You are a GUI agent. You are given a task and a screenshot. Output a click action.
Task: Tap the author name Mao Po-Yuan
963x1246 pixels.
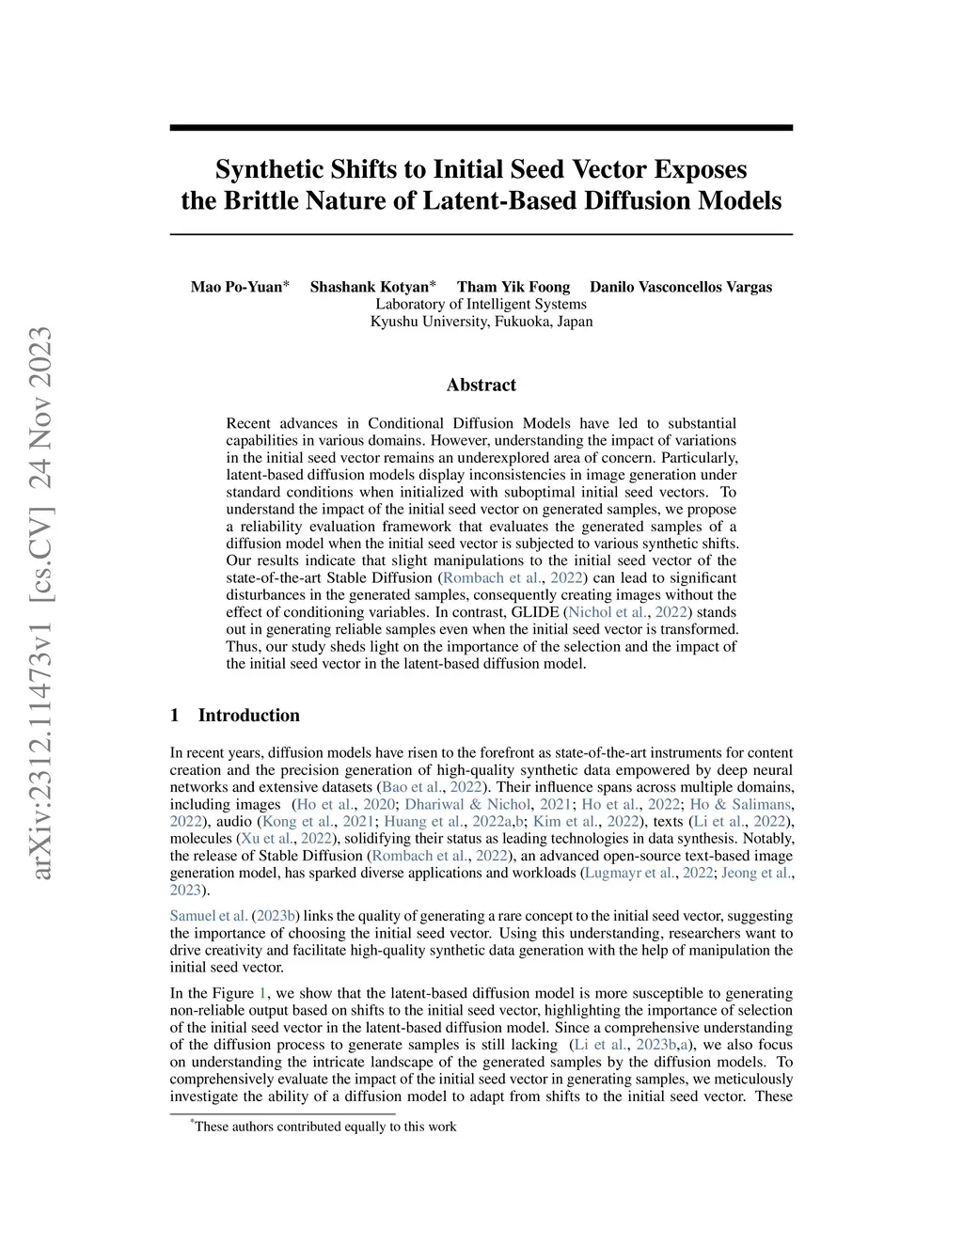tap(236, 287)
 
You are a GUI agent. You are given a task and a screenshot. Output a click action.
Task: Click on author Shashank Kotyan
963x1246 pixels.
tap(369, 287)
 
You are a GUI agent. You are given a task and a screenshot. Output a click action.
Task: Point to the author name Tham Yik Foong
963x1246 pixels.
tap(513, 287)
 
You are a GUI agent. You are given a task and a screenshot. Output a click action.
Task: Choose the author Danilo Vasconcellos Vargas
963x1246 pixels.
tap(681, 287)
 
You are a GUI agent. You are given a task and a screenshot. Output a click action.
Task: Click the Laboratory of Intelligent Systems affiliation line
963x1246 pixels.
tap(481, 304)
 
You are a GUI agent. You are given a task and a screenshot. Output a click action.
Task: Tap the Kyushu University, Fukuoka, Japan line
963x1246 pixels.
tap(481, 321)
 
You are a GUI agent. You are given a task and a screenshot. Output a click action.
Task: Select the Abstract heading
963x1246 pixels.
tap(481, 385)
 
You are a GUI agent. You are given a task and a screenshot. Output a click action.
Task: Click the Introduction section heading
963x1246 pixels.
tap(248, 715)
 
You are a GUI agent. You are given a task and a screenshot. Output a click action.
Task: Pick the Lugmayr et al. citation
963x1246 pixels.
tap(629, 873)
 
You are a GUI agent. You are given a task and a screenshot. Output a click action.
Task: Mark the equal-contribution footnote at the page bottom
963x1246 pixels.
tap(324, 1127)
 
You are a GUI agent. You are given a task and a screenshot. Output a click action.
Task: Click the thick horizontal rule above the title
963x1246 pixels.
tap(481, 128)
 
